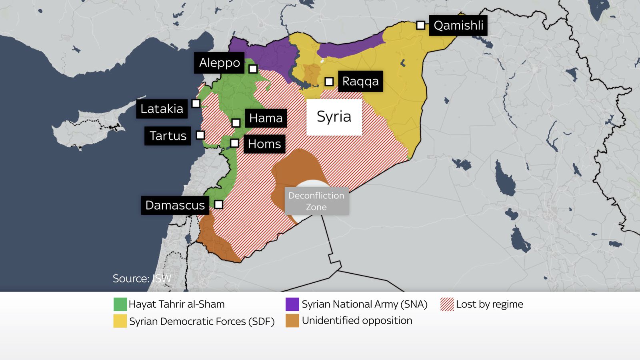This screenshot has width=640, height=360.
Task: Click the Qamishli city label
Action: pyautogui.click(x=458, y=26)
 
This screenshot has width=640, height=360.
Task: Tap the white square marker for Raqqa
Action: pyautogui.click(x=329, y=82)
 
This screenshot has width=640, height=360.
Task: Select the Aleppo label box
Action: pyautogui.click(x=219, y=63)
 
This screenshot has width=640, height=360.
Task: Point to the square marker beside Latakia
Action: pyautogui.click(x=196, y=104)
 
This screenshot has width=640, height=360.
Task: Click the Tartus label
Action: pyautogui.click(x=168, y=136)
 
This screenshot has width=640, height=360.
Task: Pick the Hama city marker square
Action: pyautogui.click(x=236, y=123)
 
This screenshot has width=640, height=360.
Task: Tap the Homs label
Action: pyautogui.click(x=264, y=144)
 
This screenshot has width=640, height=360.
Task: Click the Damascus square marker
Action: pyautogui.click(x=218, y=205)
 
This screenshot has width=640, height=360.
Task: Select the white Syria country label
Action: pyautogui.click(x=334, y=117)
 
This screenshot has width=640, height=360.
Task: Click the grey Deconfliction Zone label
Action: pyautogui.click(x=316, y=201)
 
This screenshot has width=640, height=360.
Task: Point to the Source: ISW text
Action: pyautogui.click(x=142, y=278)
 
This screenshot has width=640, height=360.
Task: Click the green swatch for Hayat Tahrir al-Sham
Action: pyautogui.click(x=120, y=304)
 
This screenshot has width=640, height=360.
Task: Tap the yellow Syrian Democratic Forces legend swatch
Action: pyautogui.click(x=120, y=321)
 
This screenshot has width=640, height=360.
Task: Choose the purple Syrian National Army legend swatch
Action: pyautogui.click(x=292, y=304)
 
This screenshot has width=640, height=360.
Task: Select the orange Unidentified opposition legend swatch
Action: pyautogui.click(x=292, y=321)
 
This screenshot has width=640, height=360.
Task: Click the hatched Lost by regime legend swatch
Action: pyautogui.click(x=447, y=304)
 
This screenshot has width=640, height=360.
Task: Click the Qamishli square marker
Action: pyautogui.click(x=420, y=25)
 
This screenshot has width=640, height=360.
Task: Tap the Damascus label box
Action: pyautogui.click(x=175, y=205)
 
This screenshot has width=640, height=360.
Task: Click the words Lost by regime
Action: pyautogui.click(x=489, y=304)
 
